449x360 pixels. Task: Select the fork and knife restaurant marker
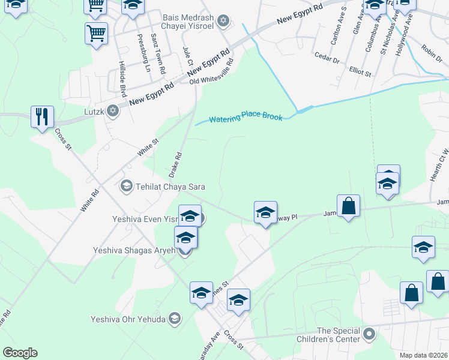click(x=42, y=116)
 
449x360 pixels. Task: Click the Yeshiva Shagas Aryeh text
click(x=134, y=250)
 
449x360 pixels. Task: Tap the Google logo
click(x=20, y=353)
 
